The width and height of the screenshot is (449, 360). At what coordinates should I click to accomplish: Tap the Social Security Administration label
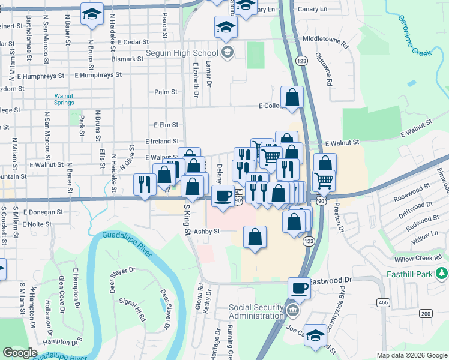tap(256, 311)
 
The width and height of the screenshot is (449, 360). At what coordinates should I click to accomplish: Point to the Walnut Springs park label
tap(64, 99)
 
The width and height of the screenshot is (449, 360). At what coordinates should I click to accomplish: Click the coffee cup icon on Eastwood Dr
tap(299, 287)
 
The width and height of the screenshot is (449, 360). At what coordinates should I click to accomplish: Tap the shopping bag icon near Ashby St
tap(255, 237)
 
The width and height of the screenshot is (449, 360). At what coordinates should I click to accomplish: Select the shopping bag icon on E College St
tap(292, 98)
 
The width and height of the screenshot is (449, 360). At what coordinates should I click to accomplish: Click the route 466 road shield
tap(382, 302)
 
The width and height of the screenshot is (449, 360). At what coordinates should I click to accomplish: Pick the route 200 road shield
tap(426, 314)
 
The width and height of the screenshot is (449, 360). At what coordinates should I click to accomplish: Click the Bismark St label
tap(127, 59)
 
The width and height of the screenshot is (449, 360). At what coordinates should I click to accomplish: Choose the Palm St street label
tap(166, 92)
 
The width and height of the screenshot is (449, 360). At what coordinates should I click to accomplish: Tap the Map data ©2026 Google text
tap(411, 355)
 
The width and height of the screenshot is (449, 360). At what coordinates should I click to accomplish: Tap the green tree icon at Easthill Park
tap(442, 274)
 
